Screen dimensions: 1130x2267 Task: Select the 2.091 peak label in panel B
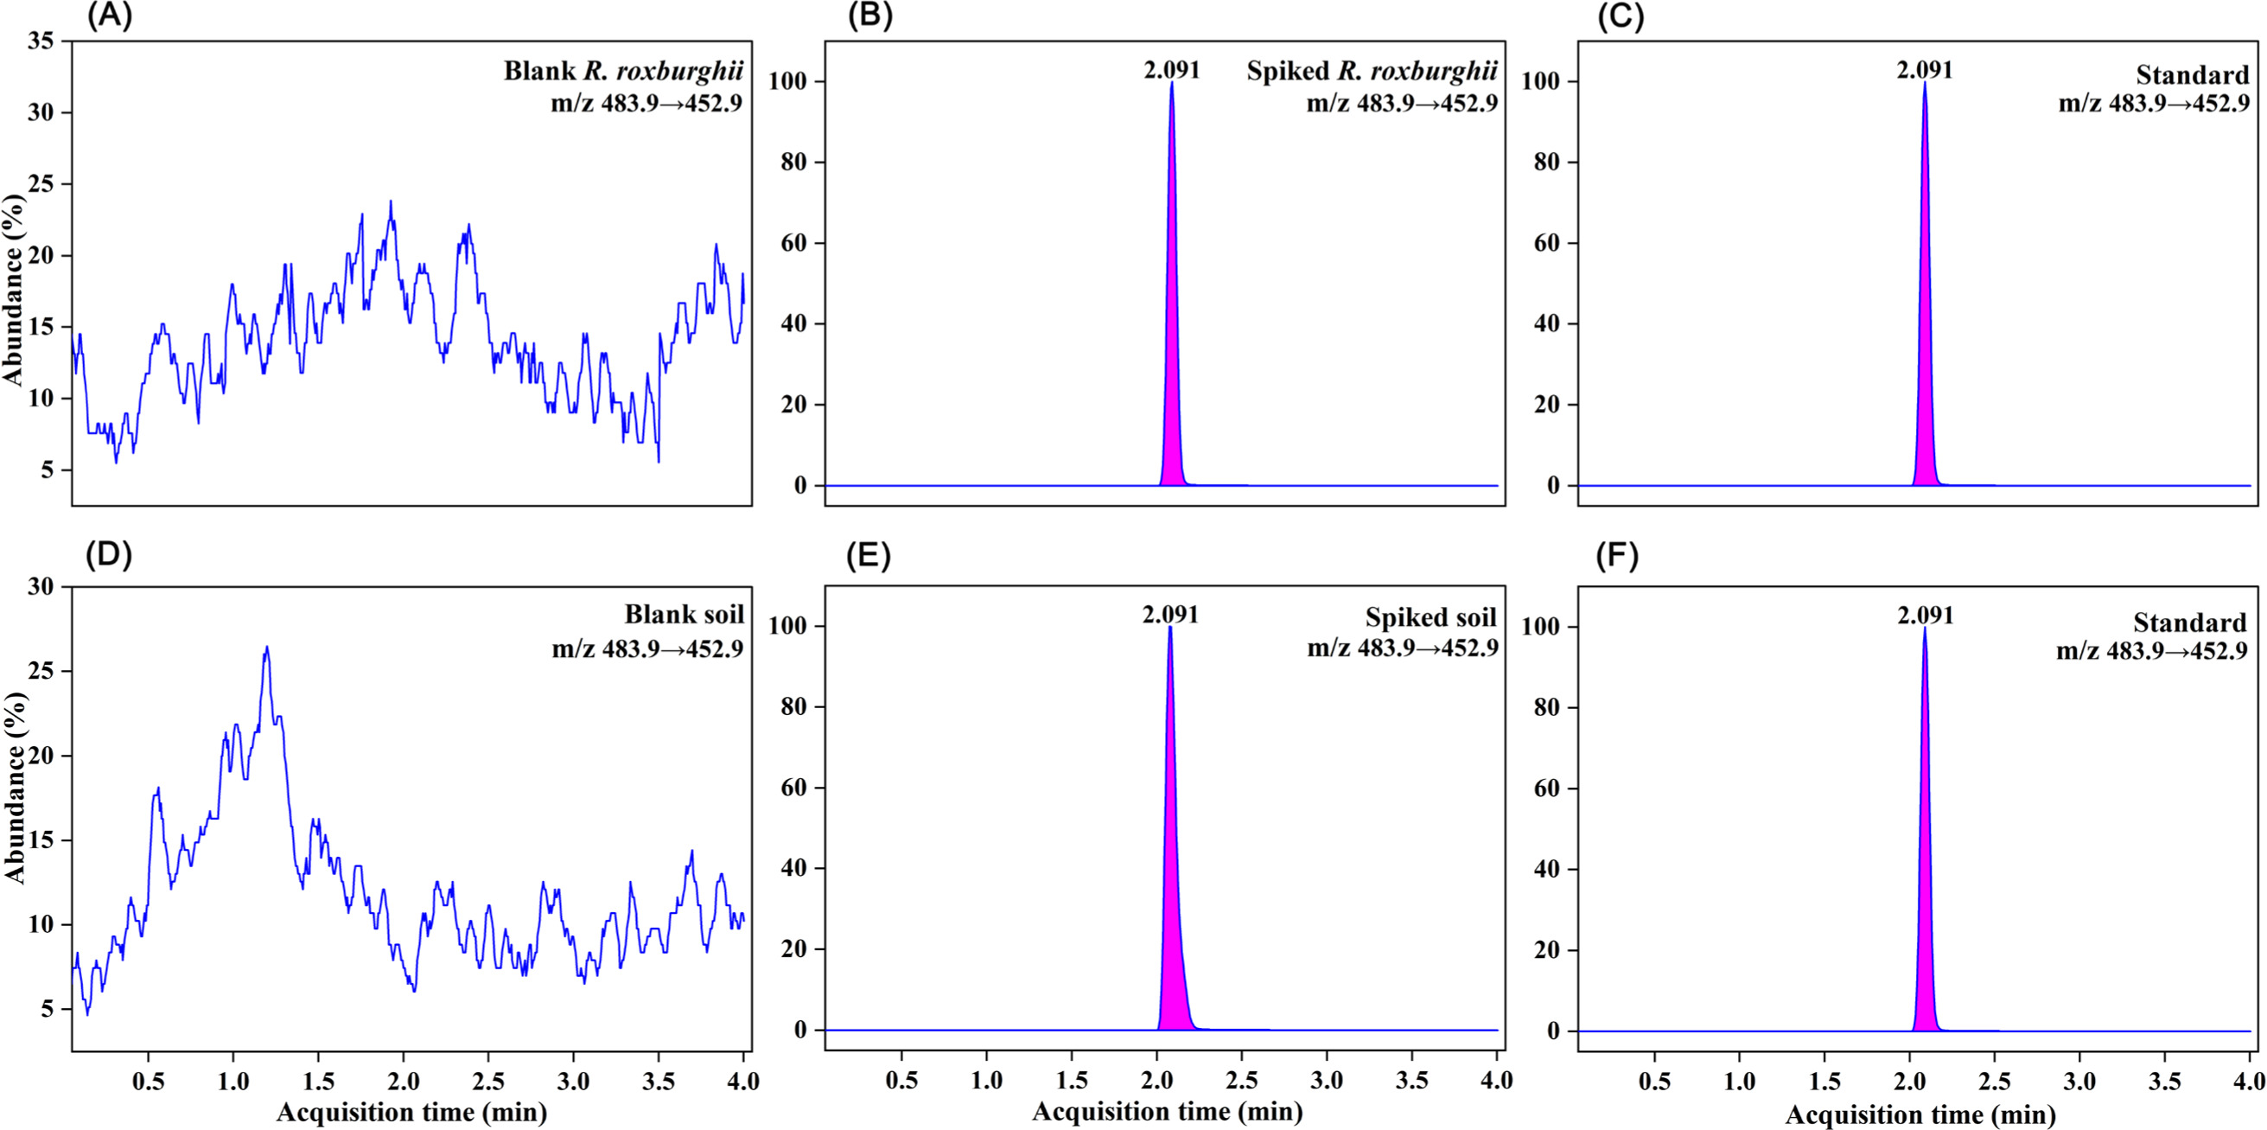(1171, 69)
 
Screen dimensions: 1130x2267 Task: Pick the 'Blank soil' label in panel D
(684, 615)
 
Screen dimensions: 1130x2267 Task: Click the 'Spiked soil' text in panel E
(1430, 618)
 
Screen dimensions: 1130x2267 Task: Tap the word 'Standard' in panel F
(2189, 623)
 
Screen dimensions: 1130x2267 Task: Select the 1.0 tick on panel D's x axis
(232, 1080)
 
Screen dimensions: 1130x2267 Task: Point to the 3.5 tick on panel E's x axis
(1412, 1080)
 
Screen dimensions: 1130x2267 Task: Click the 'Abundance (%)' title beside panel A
(14, 290)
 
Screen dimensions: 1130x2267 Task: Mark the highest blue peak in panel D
(266, 648)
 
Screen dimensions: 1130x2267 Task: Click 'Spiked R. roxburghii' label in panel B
(1371, 71)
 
